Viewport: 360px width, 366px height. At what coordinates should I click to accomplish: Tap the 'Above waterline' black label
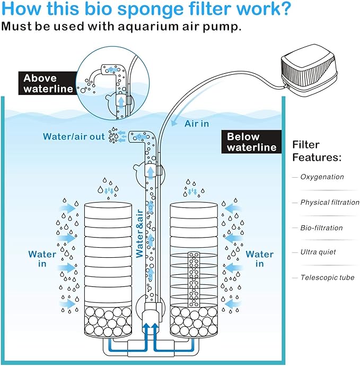click(48, 84)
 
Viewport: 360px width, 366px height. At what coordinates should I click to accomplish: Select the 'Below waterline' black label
click(251, 142)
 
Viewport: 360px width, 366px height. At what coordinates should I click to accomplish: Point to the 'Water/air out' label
click(74, 136)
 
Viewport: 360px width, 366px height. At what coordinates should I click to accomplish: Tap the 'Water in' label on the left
click(42, 259)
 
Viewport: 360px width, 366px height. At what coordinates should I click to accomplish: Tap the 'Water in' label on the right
click(260, 259)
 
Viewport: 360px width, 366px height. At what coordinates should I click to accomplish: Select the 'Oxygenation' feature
click(322, 177)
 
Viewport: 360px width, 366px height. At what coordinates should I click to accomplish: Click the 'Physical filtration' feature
click(329, 202)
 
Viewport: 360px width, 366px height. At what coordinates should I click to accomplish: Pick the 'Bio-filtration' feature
click(321, 228)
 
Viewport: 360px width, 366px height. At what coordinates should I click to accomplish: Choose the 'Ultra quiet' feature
click(318, 252)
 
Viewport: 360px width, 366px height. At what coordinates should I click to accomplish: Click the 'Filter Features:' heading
click(317, 151)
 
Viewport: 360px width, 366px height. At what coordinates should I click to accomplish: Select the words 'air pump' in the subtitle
click(215, 27)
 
